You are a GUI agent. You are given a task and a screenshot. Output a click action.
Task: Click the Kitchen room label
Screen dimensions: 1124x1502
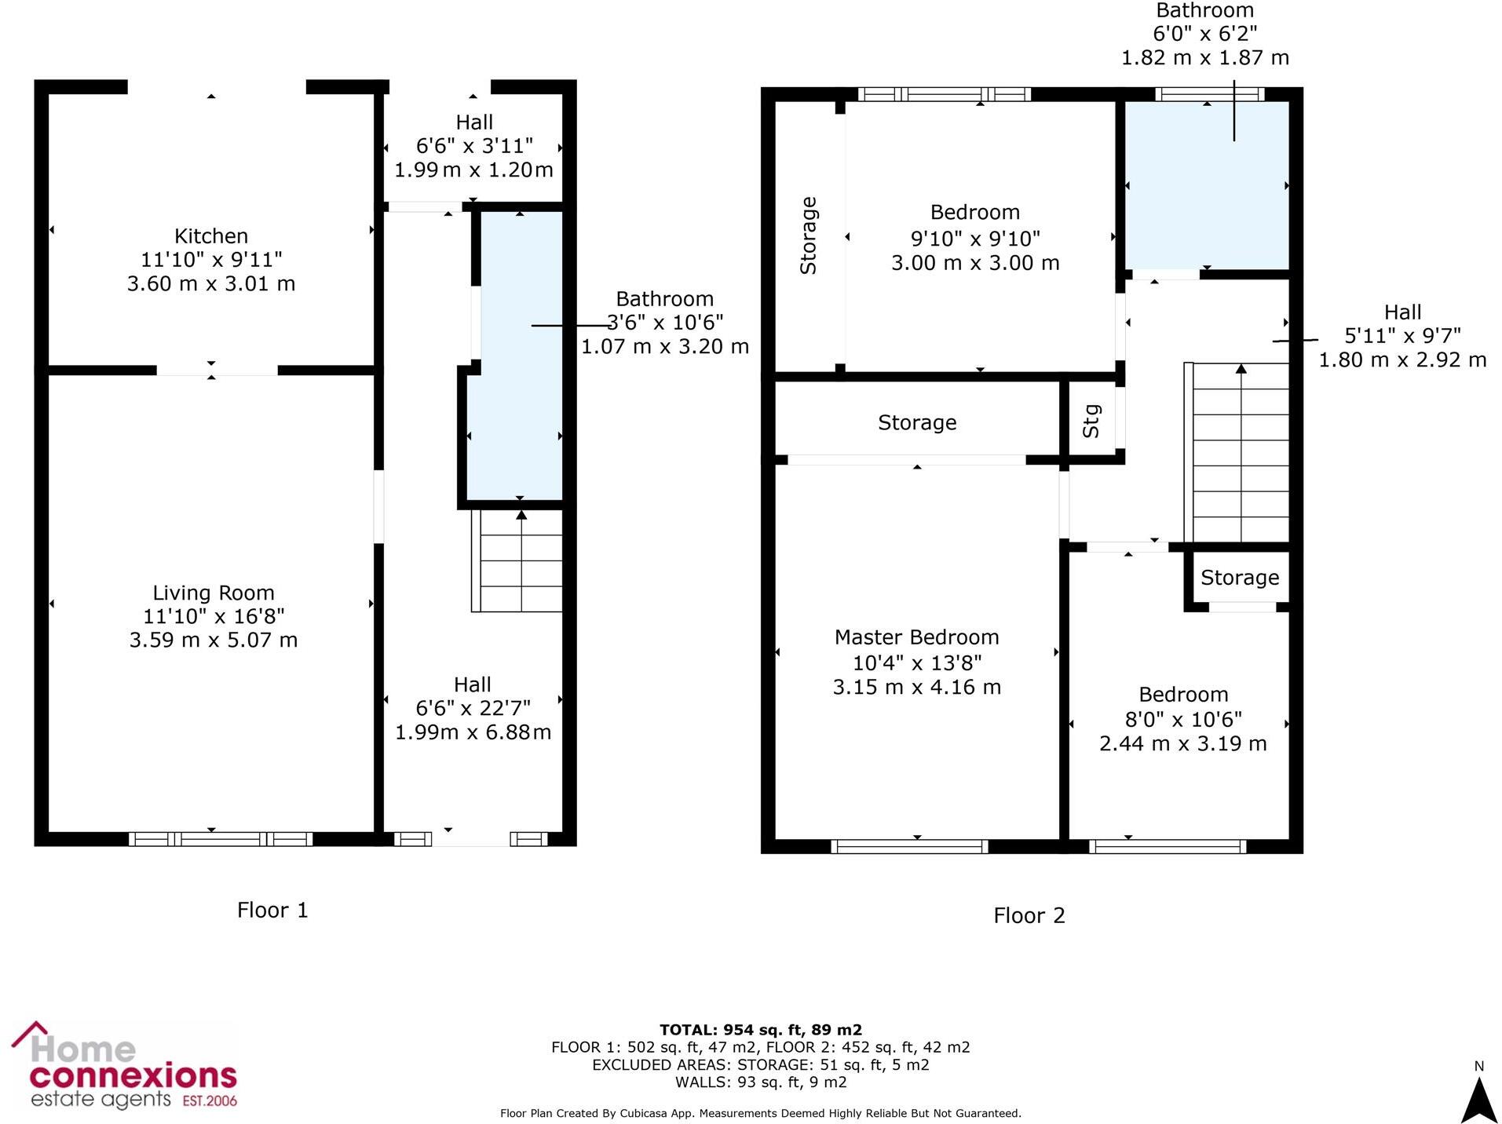tap(211, 236)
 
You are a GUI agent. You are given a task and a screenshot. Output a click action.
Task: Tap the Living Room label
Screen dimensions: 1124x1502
tap(214, 593)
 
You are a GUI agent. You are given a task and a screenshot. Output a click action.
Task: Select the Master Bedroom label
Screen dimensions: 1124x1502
tap(916, 637)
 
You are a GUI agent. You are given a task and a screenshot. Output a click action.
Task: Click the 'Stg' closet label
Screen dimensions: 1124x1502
tap(1091, 421)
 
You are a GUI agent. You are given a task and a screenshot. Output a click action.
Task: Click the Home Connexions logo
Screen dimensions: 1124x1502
tap(124, 1066)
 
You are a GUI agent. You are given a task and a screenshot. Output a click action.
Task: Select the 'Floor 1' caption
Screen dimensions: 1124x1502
tap(272, 911)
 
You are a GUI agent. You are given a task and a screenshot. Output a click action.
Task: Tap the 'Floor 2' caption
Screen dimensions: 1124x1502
tap(1029, 916)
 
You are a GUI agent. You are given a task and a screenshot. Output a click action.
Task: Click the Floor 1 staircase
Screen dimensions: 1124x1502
tap(517, 560)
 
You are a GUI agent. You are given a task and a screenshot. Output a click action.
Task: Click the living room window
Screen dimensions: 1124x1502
tap(221, 839)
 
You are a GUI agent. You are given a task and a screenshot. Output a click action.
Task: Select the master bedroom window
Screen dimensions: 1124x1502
tap(909, 846)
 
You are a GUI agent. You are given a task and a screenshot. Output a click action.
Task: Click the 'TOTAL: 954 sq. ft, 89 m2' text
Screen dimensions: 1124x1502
tap(760, 1030)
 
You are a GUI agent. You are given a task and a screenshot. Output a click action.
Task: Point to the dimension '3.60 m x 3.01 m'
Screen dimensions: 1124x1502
tap(211, 284)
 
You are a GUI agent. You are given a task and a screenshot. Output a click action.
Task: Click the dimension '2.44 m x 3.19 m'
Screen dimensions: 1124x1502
tap(1182, 744)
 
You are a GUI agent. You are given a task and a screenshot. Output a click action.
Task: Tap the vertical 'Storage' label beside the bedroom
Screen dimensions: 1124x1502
tap(808, 235)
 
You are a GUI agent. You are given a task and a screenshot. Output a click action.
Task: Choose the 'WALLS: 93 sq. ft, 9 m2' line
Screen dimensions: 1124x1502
tap(760, 1082)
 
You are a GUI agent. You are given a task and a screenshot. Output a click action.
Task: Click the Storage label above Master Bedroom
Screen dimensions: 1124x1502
tap(916, 423)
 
